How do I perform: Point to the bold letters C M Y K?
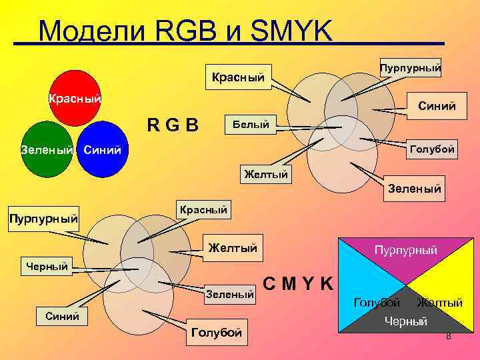coord(298,283)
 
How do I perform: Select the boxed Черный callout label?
coord(47,267)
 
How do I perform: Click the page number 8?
coord(449,336)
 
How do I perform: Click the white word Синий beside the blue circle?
coord(103,150)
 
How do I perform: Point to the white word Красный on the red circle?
coord(74,99)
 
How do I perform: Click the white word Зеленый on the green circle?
coord(47,150)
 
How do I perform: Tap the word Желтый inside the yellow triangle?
coord(440,303)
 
